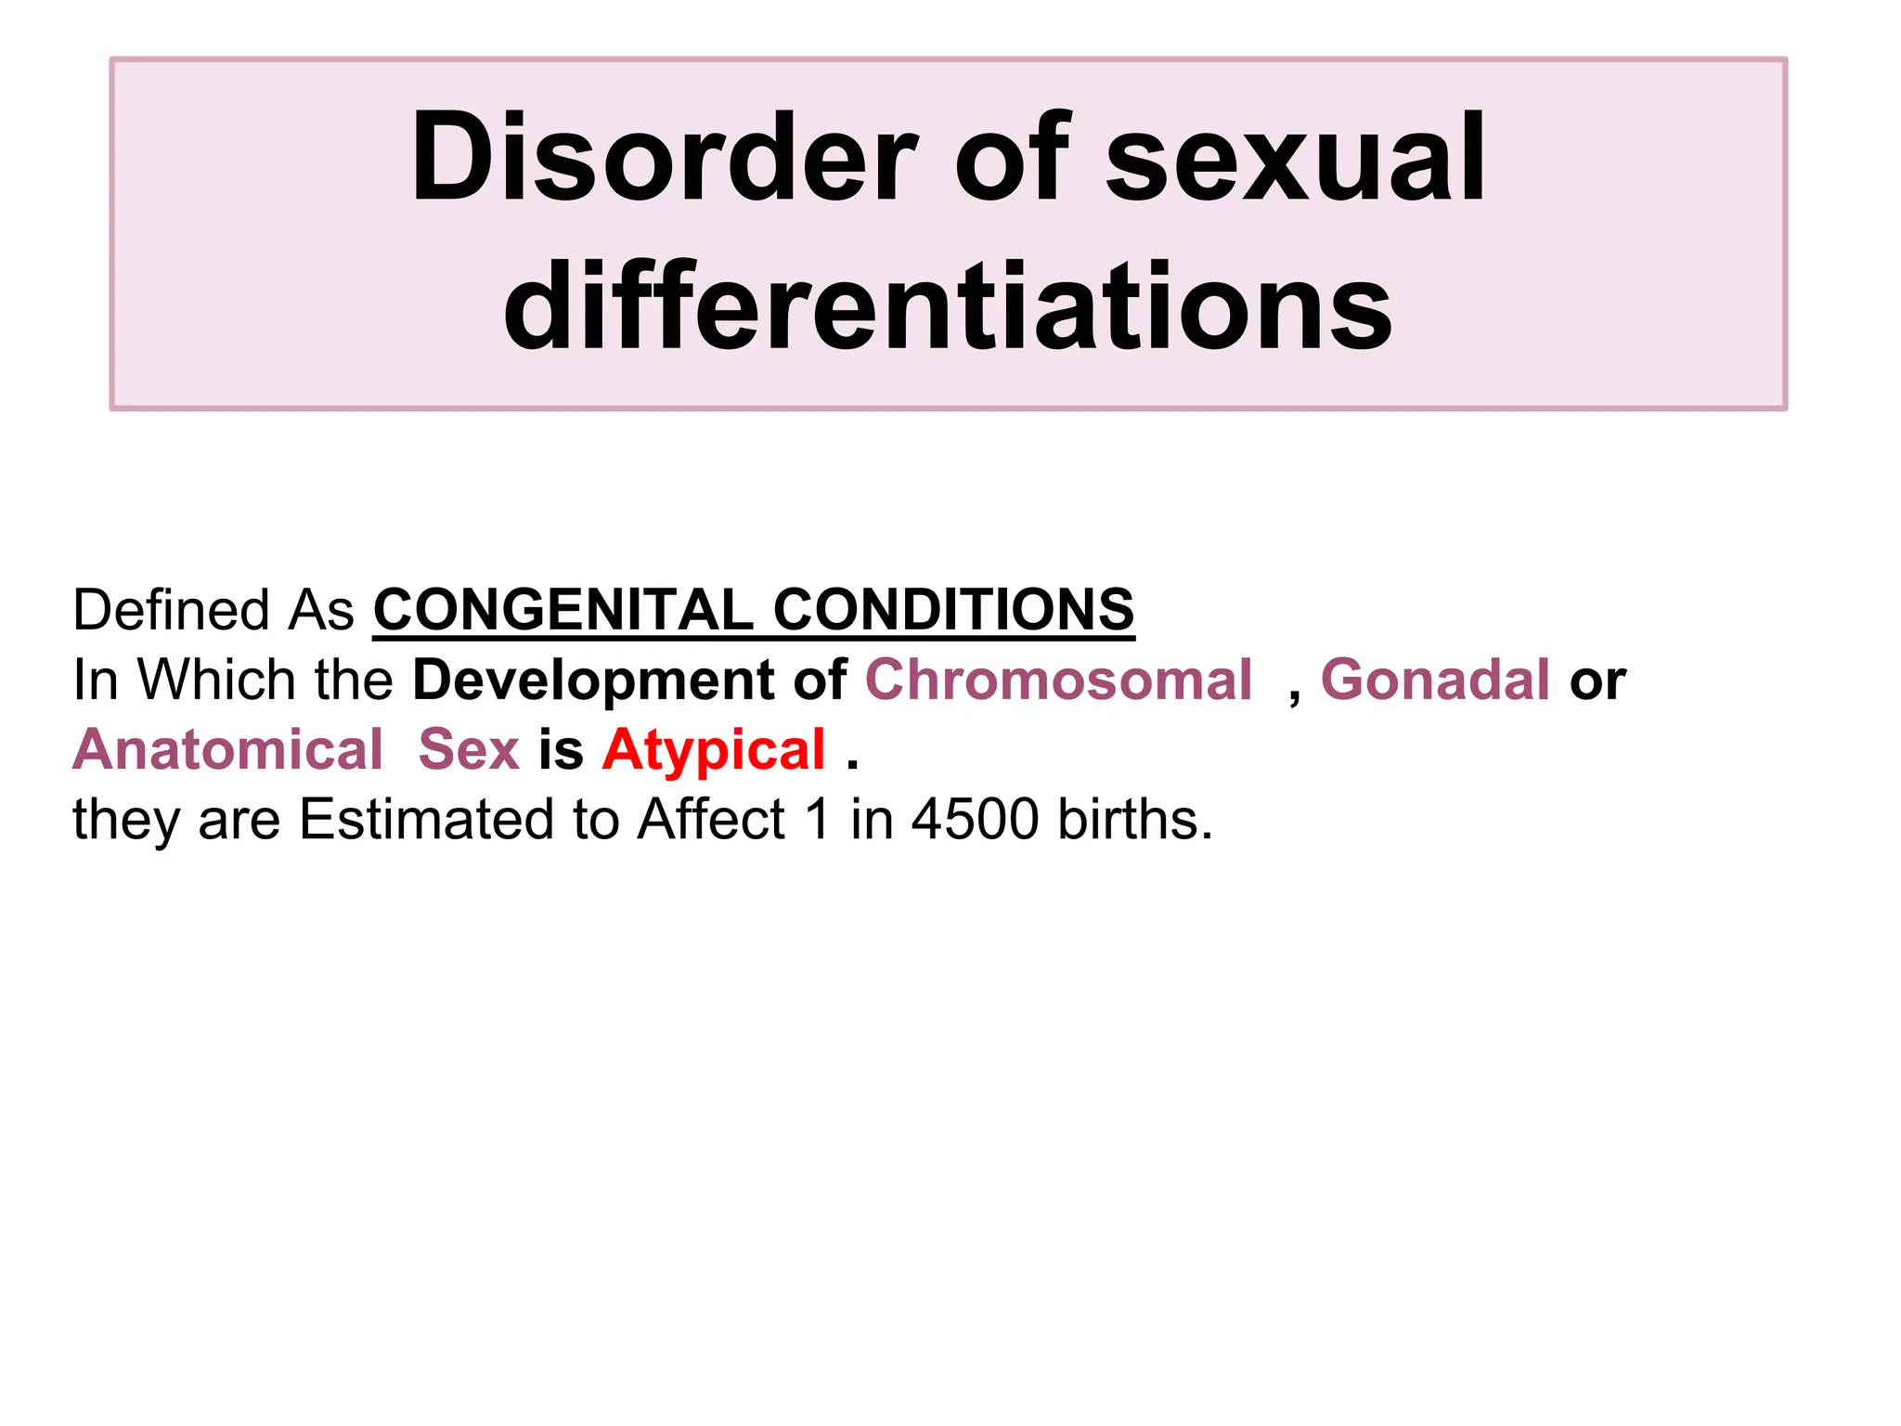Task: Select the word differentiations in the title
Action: click(x=948, y=306)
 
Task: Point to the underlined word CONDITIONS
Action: click(x=953, y=610)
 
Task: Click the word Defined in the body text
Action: click(x=171, y=610)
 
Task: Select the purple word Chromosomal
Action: click(x=1058, y=680)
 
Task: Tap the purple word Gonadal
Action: click(x=1435, y=680)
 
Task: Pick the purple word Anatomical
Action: click(x=227, y=749)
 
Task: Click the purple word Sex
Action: click(x=469, y=749)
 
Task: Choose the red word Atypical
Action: click(x=714, y=749)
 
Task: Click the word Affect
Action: click(x=711, y=820)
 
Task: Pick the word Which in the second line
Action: click(x=216, y=680)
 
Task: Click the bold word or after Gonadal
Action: click(x=1597, y=681)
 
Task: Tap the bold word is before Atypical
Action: click(x=561, y=749)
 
